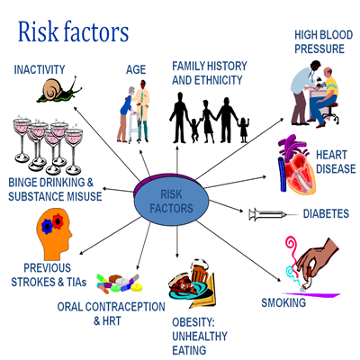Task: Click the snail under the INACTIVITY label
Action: [59, 90]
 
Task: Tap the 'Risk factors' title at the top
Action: [74, 31]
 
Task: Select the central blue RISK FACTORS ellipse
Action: [171, 200]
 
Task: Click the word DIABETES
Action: [326, 213]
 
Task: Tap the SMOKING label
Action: [283, 302]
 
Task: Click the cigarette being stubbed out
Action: [307, 280]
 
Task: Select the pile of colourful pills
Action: [120, 283]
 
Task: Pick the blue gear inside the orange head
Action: [47, 226]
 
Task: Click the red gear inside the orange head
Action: [58, 220]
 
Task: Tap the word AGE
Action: [136, 69]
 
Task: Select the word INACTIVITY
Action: [40, 69]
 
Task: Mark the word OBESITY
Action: [193, 322]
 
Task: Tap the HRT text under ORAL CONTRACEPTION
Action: [112, 321]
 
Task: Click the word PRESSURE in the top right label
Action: [319, 49]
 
